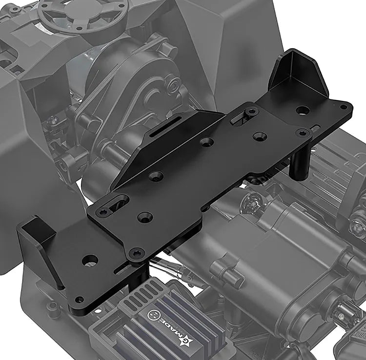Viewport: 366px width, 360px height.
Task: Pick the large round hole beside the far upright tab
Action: pyautogui.click(x=303, y=110)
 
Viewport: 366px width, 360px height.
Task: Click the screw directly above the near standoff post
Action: pyautogui.click(x=137, y=252)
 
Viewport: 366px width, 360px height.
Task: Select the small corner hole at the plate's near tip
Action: pyautogui.click(x=78, y=300)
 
